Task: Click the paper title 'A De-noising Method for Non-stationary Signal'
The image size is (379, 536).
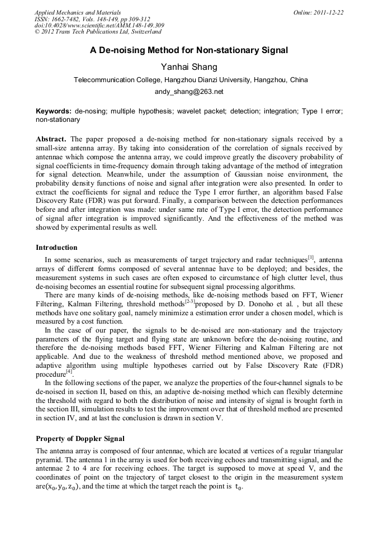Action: point(189,50)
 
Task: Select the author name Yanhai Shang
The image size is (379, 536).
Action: point(189,67)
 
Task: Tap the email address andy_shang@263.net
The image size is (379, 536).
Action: point(189,92)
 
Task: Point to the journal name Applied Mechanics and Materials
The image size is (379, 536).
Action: point(78,12)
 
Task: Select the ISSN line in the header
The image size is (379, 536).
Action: point(92,18)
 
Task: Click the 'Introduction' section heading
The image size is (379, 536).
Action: point(56,247)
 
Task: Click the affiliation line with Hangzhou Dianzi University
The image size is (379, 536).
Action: point(191,80)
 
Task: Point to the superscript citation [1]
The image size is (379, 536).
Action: point(311,257)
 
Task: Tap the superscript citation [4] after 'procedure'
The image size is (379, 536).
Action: point(69,372)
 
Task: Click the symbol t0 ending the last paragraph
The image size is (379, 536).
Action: point(238,486)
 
